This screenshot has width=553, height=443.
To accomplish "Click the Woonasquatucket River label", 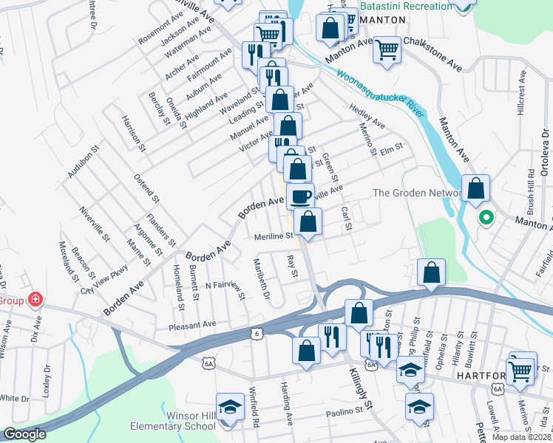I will click(381, 95).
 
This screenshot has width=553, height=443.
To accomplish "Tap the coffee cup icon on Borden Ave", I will click(300, 196).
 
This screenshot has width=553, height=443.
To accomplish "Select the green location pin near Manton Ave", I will click(486, 217).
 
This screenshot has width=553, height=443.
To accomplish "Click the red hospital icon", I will click(34, 300).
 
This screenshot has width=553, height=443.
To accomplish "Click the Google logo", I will click(24, 434).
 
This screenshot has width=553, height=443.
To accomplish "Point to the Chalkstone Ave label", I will click(432, 55).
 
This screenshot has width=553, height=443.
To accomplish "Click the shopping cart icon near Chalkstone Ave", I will click(387, 50).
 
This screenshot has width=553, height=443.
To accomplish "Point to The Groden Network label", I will click(418, 193).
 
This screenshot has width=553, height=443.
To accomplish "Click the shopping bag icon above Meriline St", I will click(308, 221).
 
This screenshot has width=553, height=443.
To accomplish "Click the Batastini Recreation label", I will click(406, 6).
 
